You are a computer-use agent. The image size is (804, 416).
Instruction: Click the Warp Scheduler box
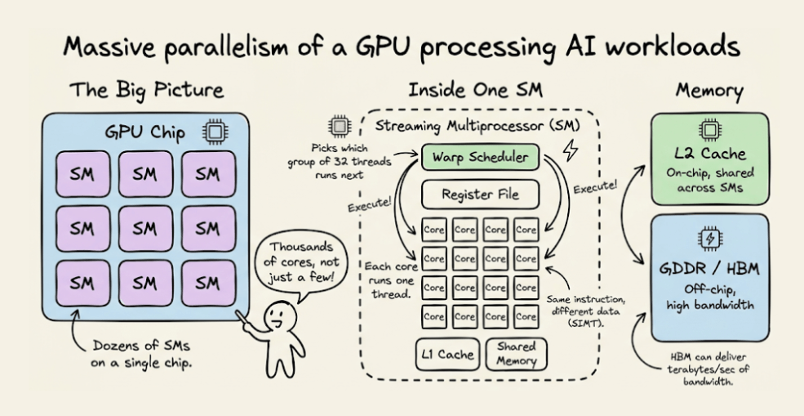coord(481,157)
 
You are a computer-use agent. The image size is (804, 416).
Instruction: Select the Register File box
coord(481,195)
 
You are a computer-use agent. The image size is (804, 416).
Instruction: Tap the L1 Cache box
coord(447,354)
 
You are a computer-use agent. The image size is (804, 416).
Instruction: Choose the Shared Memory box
coord(516,354)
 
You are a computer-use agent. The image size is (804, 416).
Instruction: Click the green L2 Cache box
coord(709,159)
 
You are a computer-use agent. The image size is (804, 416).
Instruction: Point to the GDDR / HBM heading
coord(710,269)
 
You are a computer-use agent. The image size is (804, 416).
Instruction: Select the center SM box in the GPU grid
coord(145,229)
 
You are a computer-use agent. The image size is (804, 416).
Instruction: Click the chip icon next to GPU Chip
coord(215,132)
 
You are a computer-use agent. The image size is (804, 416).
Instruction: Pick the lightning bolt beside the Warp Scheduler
coord(571,150)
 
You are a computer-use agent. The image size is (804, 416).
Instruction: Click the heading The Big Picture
coord(147,90)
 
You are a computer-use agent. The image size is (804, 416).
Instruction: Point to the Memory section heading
coord(709,91)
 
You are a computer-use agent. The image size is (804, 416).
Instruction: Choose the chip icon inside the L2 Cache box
coord(709,131)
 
